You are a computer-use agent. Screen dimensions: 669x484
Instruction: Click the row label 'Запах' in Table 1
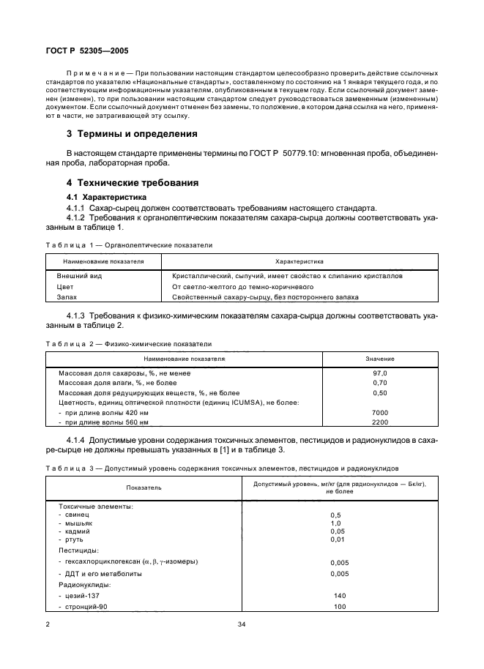(x=66, y=297)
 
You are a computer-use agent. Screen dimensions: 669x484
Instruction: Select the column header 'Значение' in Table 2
(x=380, y=359)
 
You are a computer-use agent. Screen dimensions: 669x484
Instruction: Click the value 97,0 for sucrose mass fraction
(x=380, y=373)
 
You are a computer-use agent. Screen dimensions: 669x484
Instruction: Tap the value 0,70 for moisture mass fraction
(x=380, y=383)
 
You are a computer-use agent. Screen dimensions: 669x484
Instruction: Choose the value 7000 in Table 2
(x=380, y=413)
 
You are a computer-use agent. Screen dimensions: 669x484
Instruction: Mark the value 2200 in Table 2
(x=380, y=423)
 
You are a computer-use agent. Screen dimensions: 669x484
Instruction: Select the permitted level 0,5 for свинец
(x=335, y=515)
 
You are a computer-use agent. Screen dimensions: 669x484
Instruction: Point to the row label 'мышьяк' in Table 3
(x=78, y=523)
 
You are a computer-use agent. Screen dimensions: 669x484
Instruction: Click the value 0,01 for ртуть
(x=337, y=539)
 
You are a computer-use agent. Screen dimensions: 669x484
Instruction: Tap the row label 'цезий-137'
(x=81, y=596)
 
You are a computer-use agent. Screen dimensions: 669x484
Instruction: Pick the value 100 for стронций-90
(x=339, y=607)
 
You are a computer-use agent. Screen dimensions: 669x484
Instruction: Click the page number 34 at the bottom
(x=242, y=624)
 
